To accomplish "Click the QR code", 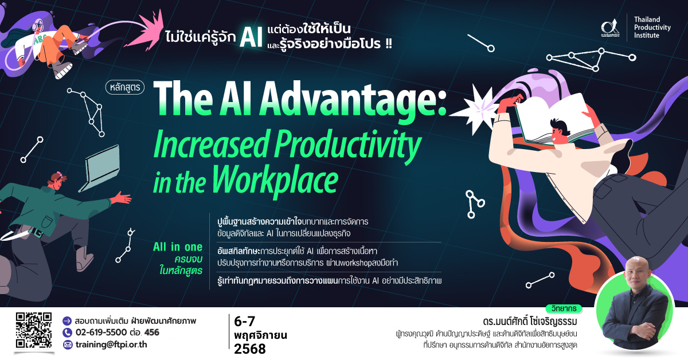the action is pyautogui.click(x=34, y=330).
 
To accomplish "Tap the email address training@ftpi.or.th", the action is pyautogui.click(x=111, y=345).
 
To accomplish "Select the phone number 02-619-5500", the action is pyautogui.click(x=101, y=332).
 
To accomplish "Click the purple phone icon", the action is pyautogui.click(x=67, y=332).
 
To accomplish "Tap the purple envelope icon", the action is pyautogui.click(x=67, y=345).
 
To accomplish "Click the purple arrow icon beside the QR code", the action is pyautogui.click(x=67, y=321).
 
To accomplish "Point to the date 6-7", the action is pyautogui.click(x=244, y=322).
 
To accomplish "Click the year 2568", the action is pyautogui.click(x=250, y=349).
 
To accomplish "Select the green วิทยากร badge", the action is pyautogui.click(x=564, y=309).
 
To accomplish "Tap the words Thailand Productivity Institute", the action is pyautogui.click(x=652, y=28).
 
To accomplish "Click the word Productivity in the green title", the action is pyautogui.click(x=347, y=145).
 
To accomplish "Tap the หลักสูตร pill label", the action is pyautogui.click(x=125, y=88).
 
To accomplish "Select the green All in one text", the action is pyautogui.click(x=178, y=247).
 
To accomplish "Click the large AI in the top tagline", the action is pyautogui.click(x=251, y=37).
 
